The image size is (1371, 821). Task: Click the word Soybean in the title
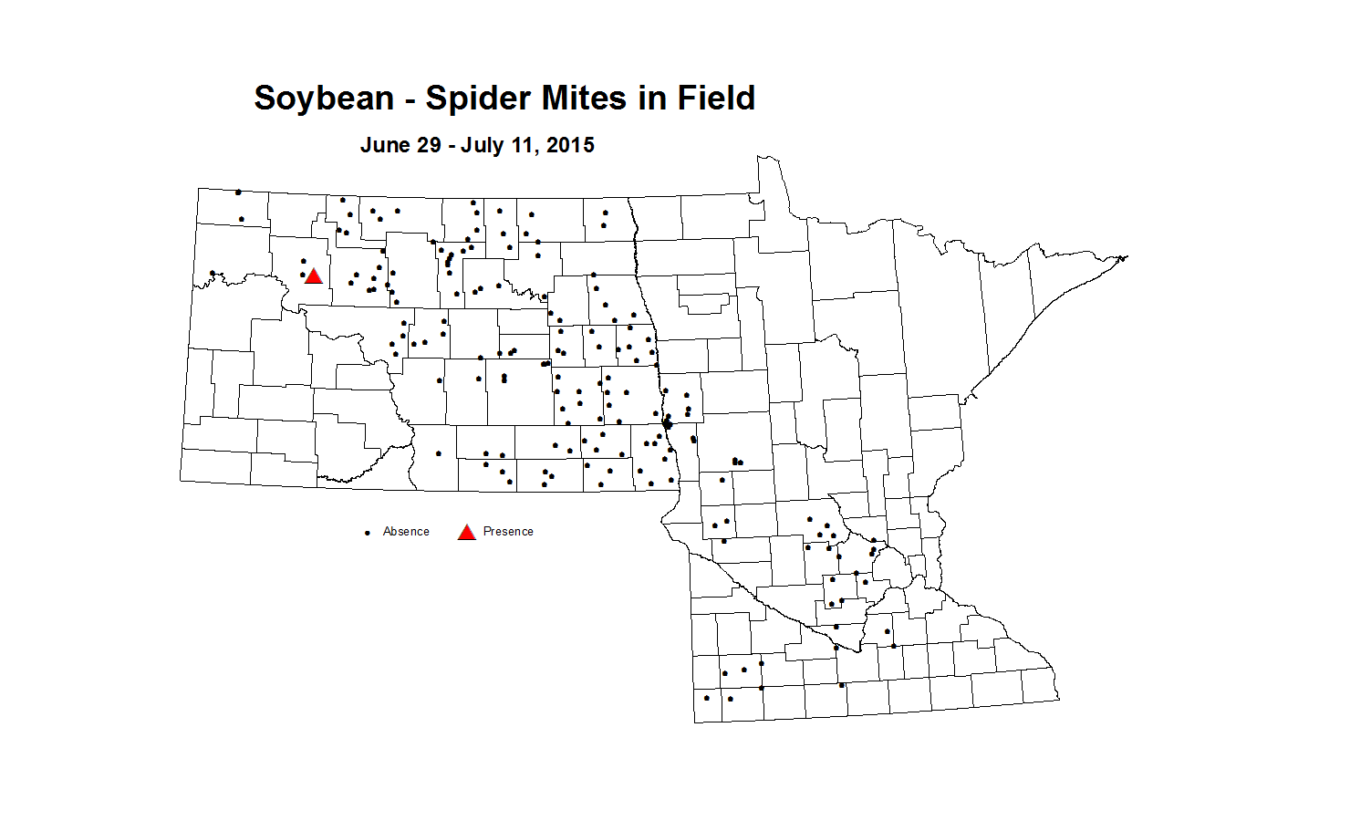coord(324,99)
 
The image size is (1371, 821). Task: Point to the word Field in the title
coord(716,99)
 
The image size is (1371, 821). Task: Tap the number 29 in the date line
coord(431,145)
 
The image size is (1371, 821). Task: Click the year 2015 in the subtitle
coord(571,145)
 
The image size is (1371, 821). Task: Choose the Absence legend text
coord(406,532)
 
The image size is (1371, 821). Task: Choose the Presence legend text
coord(508,532)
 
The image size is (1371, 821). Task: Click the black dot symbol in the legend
coord(368,533)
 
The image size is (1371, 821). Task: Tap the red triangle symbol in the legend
coord(466,533)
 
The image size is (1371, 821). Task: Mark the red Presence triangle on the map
coord(313,276)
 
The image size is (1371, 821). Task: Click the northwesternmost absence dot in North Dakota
coord(238,192)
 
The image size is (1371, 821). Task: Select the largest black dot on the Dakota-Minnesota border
coord(668,423)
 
